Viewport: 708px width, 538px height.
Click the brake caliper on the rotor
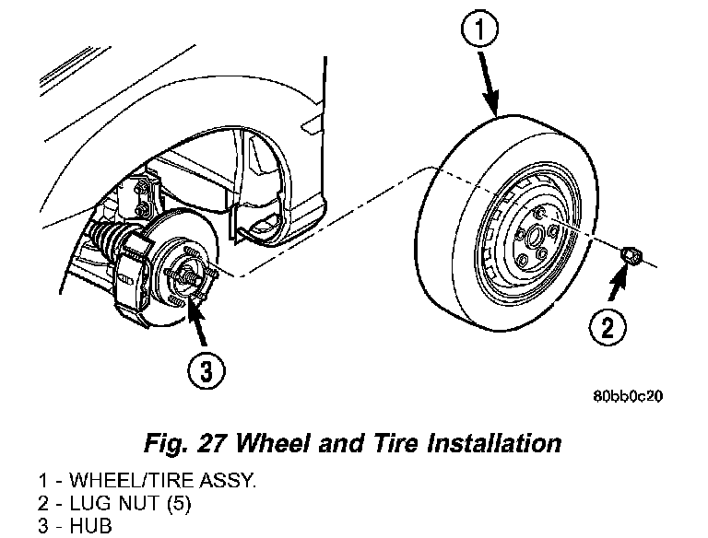click(x=136, y=272)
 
